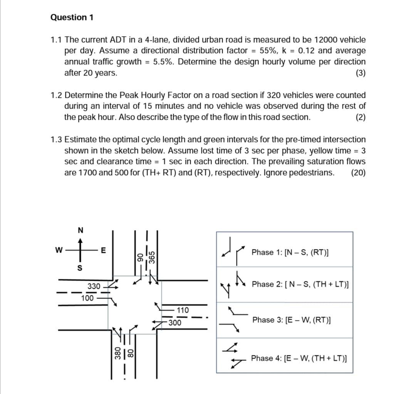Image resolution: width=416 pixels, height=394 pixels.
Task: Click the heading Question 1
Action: click(72, 17)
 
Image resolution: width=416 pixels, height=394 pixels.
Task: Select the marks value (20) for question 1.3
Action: click(358, 172)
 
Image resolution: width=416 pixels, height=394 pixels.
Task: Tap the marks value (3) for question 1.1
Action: click(361, 73)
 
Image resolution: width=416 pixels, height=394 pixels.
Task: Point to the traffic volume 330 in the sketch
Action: click(94, 286)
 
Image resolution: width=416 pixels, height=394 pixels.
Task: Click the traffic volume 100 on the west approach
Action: click(88, 298)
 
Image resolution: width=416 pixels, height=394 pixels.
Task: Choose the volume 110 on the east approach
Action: click(183, 310)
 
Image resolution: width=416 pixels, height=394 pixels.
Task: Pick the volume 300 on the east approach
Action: click(175, 323)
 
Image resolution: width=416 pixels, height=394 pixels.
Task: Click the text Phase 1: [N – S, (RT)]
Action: click(290, 253)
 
